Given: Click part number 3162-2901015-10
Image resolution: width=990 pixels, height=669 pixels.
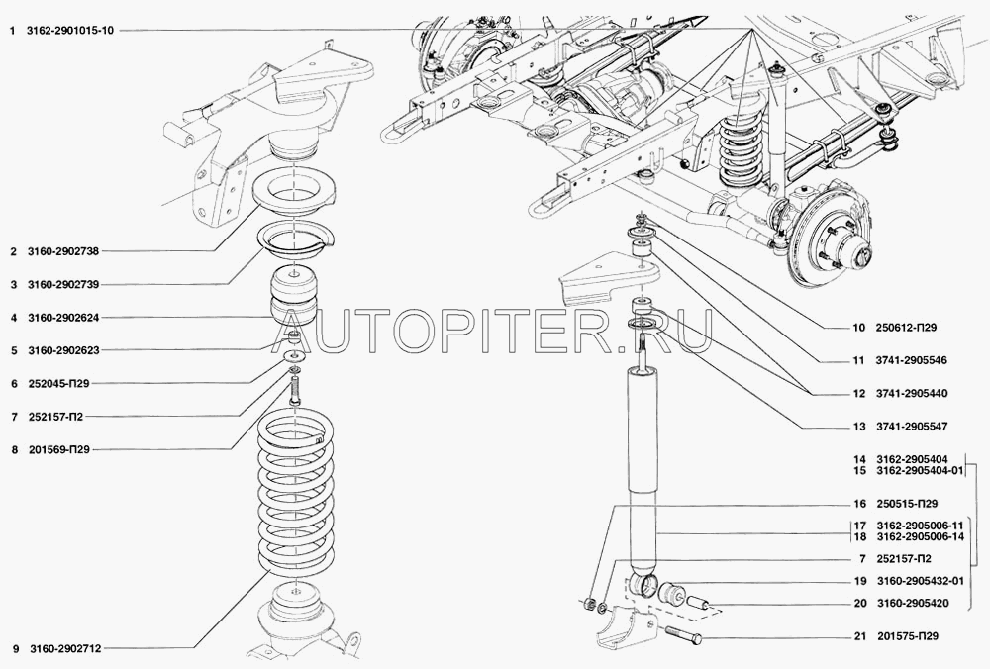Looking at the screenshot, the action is click(70, 30).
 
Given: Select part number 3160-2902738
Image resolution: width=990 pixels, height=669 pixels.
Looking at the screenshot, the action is click(63, 251).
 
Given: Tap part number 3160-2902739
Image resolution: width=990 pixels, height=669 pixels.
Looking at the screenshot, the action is click(63, 285).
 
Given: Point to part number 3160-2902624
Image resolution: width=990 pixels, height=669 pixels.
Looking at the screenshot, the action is click(63, 318).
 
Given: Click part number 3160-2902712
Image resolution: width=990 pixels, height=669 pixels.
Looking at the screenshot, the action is click(64, 648).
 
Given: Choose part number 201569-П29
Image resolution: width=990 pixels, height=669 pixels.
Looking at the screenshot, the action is click(59, 450).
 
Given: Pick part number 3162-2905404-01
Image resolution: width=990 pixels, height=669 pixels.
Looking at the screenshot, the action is click(921, 471).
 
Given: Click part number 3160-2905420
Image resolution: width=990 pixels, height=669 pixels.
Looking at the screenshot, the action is click(912, 604).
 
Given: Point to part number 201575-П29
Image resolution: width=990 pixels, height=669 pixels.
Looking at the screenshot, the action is click(908, 636).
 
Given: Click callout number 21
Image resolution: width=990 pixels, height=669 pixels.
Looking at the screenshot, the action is click(859, 636).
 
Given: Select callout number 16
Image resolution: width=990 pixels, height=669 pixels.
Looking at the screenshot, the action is click(859, 504).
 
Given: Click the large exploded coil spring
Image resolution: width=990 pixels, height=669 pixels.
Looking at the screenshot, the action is click(295, 492).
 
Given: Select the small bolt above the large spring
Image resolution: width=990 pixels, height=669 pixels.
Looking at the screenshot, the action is click(295, 391).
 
